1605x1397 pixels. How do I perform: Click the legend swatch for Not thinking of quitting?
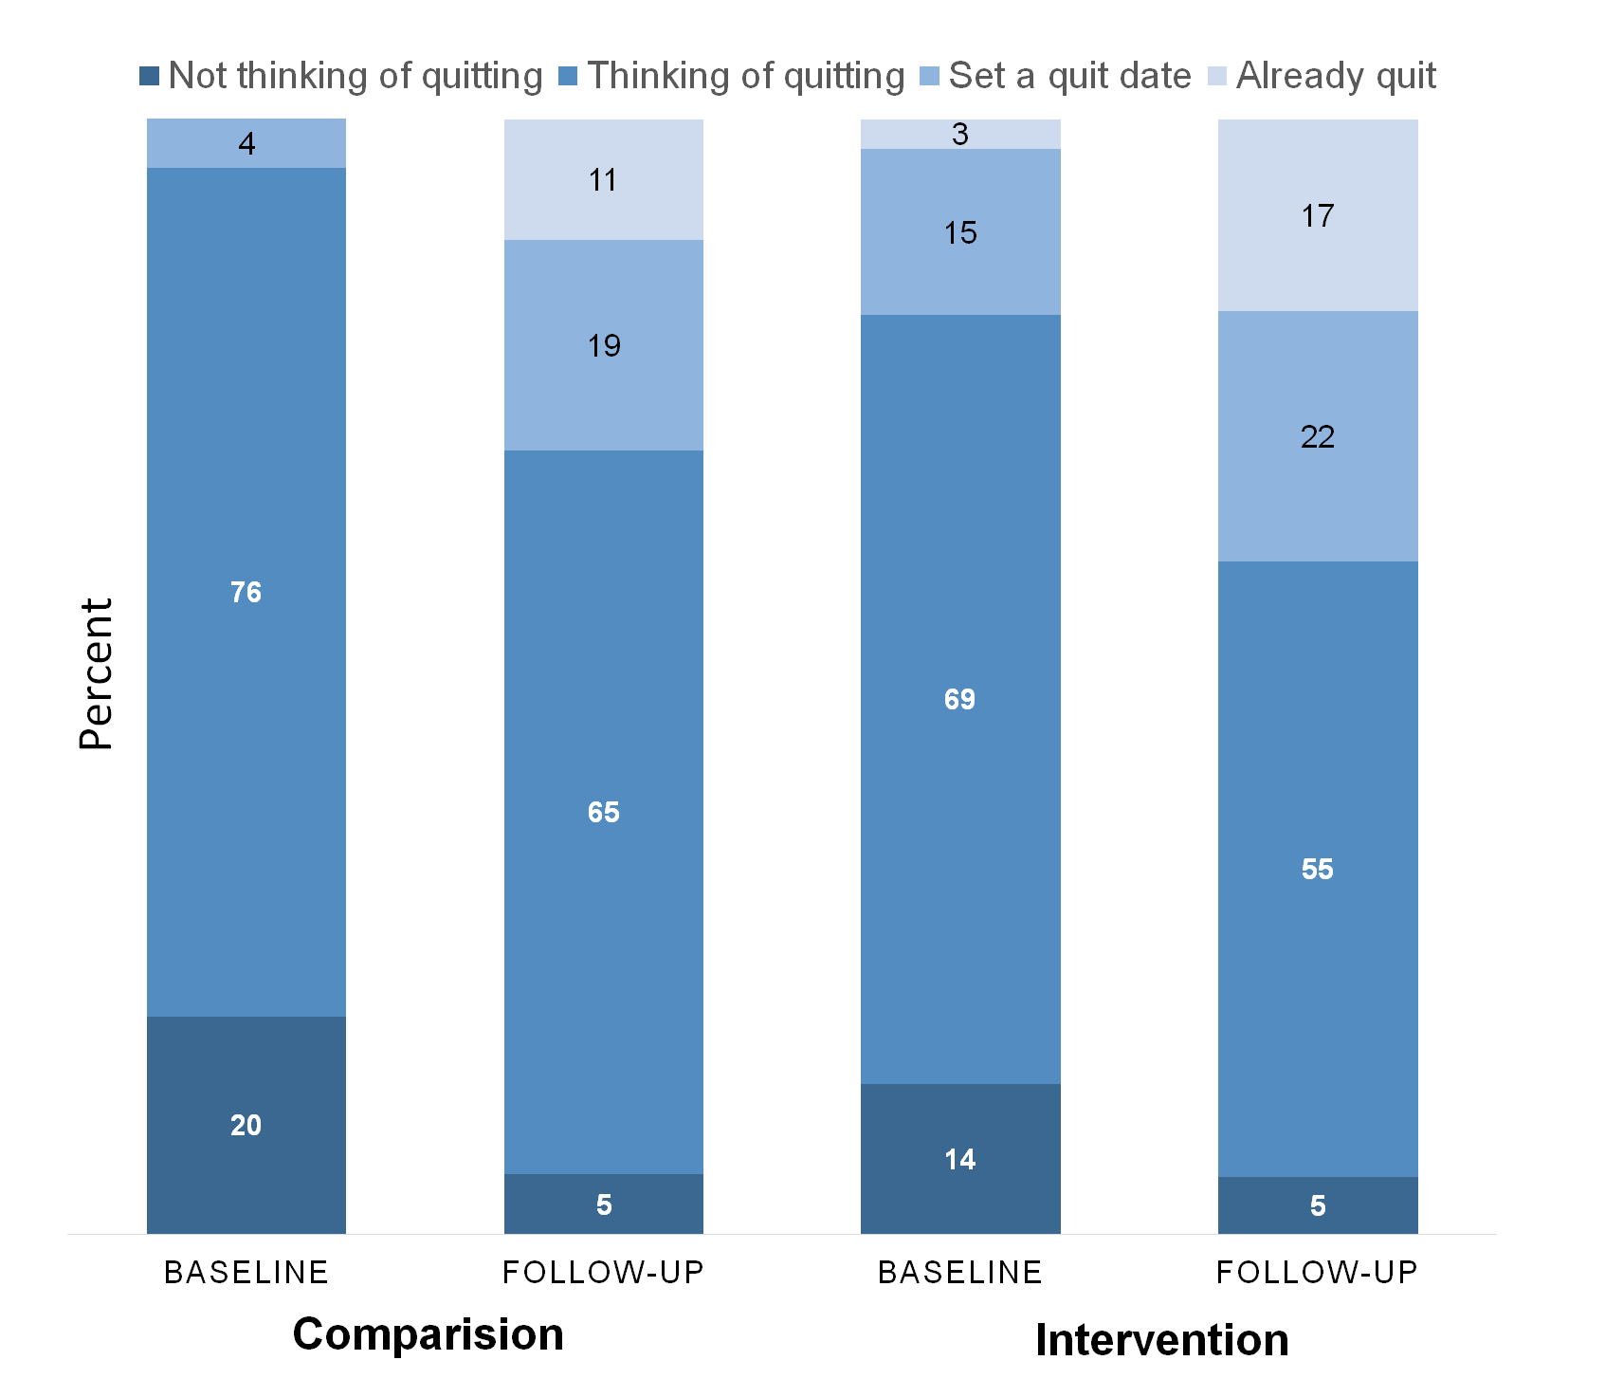tap(149, 76)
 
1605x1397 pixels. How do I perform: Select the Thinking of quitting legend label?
tap(745, 76)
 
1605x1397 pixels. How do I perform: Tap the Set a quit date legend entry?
tap(1069, 76)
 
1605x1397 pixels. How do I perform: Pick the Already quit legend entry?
tap(1336, 76)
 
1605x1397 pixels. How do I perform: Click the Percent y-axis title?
tap(96, 674)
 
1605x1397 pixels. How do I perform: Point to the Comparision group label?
tap(428, 1334)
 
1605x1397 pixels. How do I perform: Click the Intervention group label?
tap(1161, 1340)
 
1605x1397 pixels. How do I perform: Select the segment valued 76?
tap(246, 592)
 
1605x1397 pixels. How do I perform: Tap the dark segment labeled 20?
tap(246, 1125)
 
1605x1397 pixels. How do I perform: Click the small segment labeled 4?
tap(246, 143)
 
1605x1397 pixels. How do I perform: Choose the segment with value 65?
tap(604, 812)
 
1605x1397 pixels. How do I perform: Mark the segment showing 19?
tap(604, 345)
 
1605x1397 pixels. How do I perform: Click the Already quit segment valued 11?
tap(604, 179)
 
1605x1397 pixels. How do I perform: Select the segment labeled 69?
tap(960, 699)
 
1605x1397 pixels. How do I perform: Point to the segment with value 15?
tap(960, 232)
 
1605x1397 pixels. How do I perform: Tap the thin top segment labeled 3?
tap(960, 134)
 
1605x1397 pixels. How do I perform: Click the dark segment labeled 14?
tap(960, 1159)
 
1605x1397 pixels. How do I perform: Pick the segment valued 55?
tap(1318, 869)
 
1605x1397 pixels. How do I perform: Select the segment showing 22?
tap(1318, 436)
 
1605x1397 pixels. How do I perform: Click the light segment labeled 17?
tap(1318, 215)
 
